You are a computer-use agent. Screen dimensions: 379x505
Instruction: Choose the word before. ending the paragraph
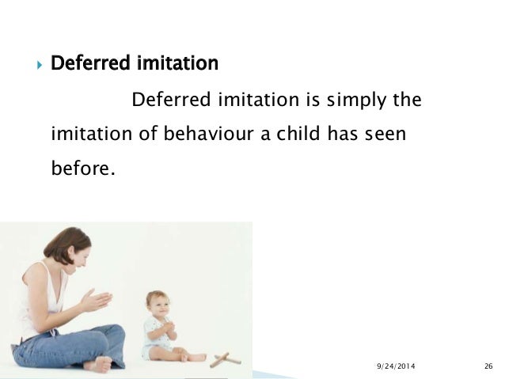(x=82, y=169)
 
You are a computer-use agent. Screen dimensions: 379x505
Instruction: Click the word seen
(x=385, y=135)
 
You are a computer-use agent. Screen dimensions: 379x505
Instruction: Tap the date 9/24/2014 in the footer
(x=395, y=365)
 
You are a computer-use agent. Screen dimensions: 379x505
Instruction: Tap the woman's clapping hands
(x=96, y=300)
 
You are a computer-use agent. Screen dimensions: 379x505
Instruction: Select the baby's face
(x=158, y=305)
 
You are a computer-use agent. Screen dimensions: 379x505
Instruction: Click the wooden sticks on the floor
(x=225, y=358)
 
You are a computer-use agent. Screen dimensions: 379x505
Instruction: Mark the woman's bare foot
(x=98, y=364)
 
